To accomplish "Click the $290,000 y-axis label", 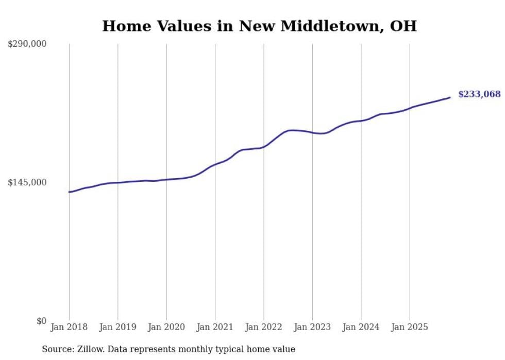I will (27, 44).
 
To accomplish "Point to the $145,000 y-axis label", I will (27, 182).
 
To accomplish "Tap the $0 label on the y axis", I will (41, 321).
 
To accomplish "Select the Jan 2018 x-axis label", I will (69, 327).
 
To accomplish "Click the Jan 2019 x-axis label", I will (117, 327).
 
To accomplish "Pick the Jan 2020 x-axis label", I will (166, 327).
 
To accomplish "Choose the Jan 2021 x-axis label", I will (215, 327).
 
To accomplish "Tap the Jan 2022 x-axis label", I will (264, 327).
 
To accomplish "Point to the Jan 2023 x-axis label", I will (312, 327).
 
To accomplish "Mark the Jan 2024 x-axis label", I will (361, 327).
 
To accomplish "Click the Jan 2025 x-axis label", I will (410, 327).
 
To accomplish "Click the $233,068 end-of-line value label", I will (479, 94).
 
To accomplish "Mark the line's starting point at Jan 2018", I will (69, 192).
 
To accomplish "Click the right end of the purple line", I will (450, 97).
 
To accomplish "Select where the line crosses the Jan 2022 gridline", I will (264, 147).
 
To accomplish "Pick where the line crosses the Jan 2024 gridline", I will (361, 121).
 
